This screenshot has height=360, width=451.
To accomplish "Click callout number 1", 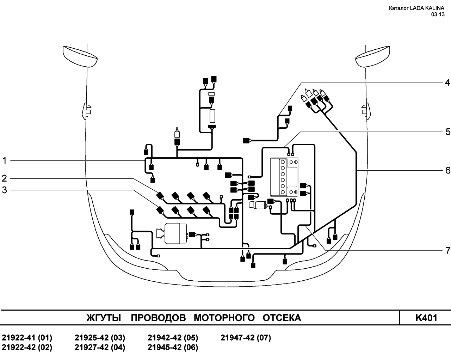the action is pyautogui.click(x=5, y=161).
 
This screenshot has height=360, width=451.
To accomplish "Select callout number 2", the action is pyautogui.click(x=4, y=178).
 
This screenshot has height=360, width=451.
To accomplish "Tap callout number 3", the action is pyautogui.click(x=4, y=190).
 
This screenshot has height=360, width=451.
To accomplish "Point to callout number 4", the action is pyautogui.click(x=447, y=83).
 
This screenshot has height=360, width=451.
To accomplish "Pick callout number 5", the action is pyautogui.click(x=447, y=132).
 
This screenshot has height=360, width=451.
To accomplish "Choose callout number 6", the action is pyautogui.click(x=447, y=170).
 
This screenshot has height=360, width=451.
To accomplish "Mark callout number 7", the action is pyautogui.click(x=447, y=250).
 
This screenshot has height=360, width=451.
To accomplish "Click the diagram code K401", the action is pyautogui.click(x=426, y=318).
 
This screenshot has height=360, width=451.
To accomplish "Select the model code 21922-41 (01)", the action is pyautogui.click(x=27, y=338).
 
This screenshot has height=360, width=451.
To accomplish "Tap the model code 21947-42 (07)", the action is pyautogui.click(x=246, y=338).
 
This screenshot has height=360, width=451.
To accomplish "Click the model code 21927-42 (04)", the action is pyautogui.click(x=100, y=347).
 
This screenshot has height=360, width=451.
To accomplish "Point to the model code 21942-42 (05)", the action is pyautogui.click(x=173, y=338).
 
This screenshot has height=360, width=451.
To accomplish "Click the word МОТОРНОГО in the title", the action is pyautogui.click(x=224, y=318).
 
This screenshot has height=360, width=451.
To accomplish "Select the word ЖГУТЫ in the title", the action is pyautogui.click(x=104, y=318).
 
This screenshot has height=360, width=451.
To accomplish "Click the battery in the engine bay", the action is pyautogui.click(x=284, y=177).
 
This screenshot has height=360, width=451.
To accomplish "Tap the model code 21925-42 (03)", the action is pyautogui.click(x=100, y=338).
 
